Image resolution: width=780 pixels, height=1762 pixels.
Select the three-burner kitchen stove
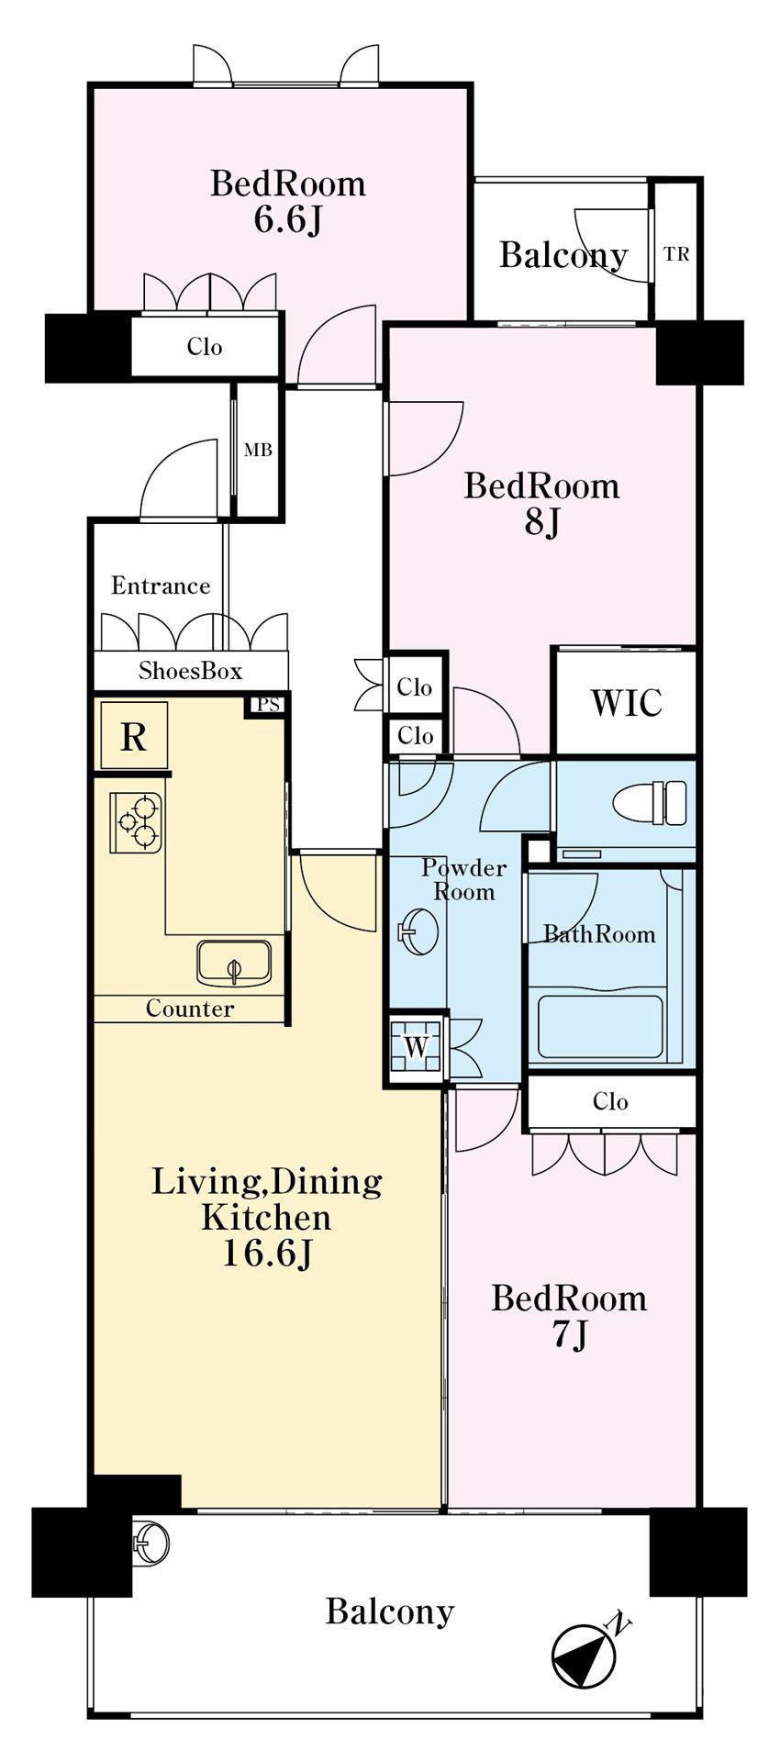pos(137,822)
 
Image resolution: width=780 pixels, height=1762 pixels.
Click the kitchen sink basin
pos(234,963)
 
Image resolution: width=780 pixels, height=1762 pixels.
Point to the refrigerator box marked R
pos(134,736)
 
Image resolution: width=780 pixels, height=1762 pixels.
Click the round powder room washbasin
pos(419,931)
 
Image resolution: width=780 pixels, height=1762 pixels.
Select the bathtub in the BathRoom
pos(600,1025)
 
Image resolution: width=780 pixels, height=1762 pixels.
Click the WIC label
pos(626,702)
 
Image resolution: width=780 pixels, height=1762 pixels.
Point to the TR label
pos(676,254)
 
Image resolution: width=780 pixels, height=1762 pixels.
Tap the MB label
pos(258,451)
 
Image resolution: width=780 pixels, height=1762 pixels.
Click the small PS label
pos(268,705)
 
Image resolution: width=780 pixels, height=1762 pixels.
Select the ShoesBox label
pos(191,671)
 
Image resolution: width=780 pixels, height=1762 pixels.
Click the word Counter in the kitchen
pos(190,1009)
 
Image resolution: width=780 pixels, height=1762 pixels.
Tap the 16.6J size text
pos(266,1254)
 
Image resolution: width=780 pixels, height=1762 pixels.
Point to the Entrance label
pos(161,585)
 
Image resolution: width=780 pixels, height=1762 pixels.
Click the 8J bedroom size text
pos(541,523)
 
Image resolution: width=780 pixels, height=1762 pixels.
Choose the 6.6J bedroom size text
pos(288,220)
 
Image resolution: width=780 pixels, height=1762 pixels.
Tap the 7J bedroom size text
pos(569,1337)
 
